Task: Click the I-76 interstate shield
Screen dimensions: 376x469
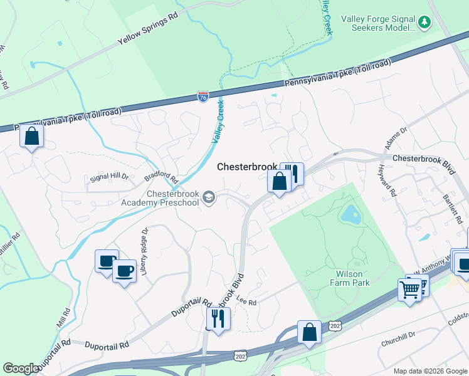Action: [203, 97]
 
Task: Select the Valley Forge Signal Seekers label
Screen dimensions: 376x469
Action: [378, 23]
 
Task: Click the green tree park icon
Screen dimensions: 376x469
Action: [426, 23]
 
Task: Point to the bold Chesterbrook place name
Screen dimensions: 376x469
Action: [246, 167]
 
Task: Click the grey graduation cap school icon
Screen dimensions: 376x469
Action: [209, 199]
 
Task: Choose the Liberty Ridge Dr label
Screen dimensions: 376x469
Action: [145, 247]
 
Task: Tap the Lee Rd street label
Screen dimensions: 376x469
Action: [248, 302]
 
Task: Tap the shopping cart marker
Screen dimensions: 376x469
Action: [409, 290]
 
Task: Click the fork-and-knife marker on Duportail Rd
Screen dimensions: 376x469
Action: [218, 318]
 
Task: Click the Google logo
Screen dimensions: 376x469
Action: [21, 368]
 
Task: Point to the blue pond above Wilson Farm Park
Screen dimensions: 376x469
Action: [349, 216]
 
